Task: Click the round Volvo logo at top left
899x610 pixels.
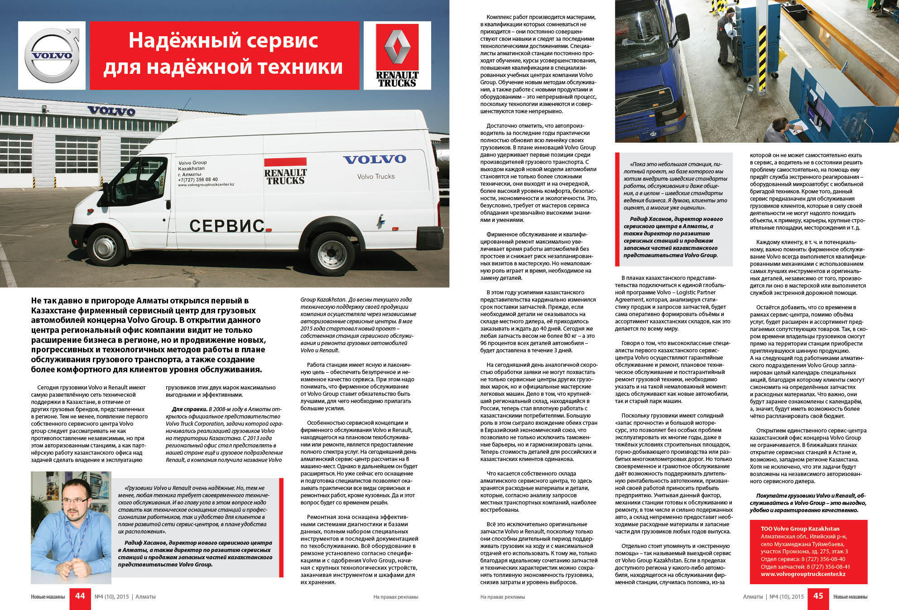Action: tap(52, 56)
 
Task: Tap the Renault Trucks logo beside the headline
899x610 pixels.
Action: tap(397, 56)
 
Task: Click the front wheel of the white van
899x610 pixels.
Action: tap(106, 246)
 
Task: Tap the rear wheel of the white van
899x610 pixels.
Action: tap(332, 254)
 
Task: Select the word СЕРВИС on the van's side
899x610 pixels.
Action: tap(226, 225)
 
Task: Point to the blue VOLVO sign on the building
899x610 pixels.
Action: tap(111, 111)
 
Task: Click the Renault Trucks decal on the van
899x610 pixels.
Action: tap(285, 171)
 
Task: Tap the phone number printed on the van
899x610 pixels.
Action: tap(198, 179)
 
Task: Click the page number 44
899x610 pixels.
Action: tap(80, 596)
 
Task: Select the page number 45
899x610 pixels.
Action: tap(818, 596)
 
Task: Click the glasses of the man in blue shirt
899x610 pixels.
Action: tap(75, 501)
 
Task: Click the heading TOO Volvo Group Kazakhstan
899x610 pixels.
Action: tap(800, 528)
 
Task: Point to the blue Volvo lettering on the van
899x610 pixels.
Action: tap(374, 159)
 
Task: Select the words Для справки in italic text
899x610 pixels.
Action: tap(189, 409)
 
